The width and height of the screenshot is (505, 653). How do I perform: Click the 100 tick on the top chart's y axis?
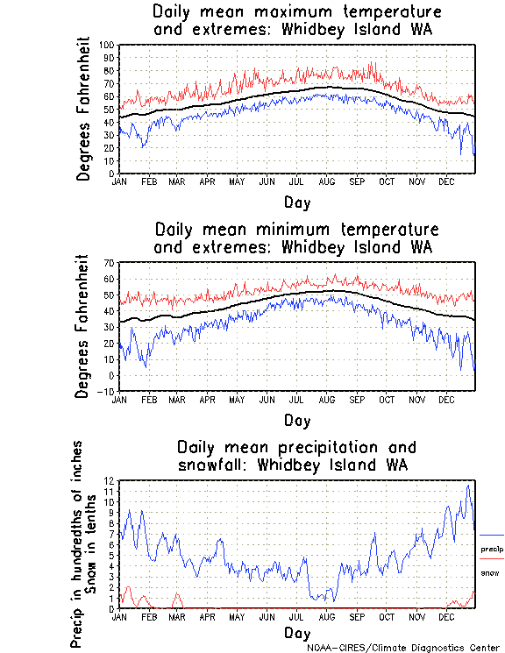coord(106,45)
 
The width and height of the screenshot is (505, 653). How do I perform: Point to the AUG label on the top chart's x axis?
coord(326,181)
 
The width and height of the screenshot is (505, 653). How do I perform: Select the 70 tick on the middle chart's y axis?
coord(110,263)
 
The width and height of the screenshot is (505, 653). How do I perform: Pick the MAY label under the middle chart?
coord(237,400)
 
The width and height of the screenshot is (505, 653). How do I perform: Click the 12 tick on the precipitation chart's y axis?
coord(110,480)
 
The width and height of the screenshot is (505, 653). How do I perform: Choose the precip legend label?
coord(491,549)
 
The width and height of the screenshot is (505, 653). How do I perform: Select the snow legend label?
coord(489,572)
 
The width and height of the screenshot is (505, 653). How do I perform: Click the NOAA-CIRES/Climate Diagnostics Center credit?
coord(403,648)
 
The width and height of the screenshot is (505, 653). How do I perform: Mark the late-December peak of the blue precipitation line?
coord(469,485)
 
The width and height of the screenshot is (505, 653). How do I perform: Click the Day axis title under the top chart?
coord(296,202)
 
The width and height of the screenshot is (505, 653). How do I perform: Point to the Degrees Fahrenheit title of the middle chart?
coord(83,326)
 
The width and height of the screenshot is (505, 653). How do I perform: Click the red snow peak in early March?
coord(177,594)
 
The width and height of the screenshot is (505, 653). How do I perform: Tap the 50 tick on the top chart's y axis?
coord(108,110)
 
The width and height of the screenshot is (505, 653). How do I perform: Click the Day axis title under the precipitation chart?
coord(296,632)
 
